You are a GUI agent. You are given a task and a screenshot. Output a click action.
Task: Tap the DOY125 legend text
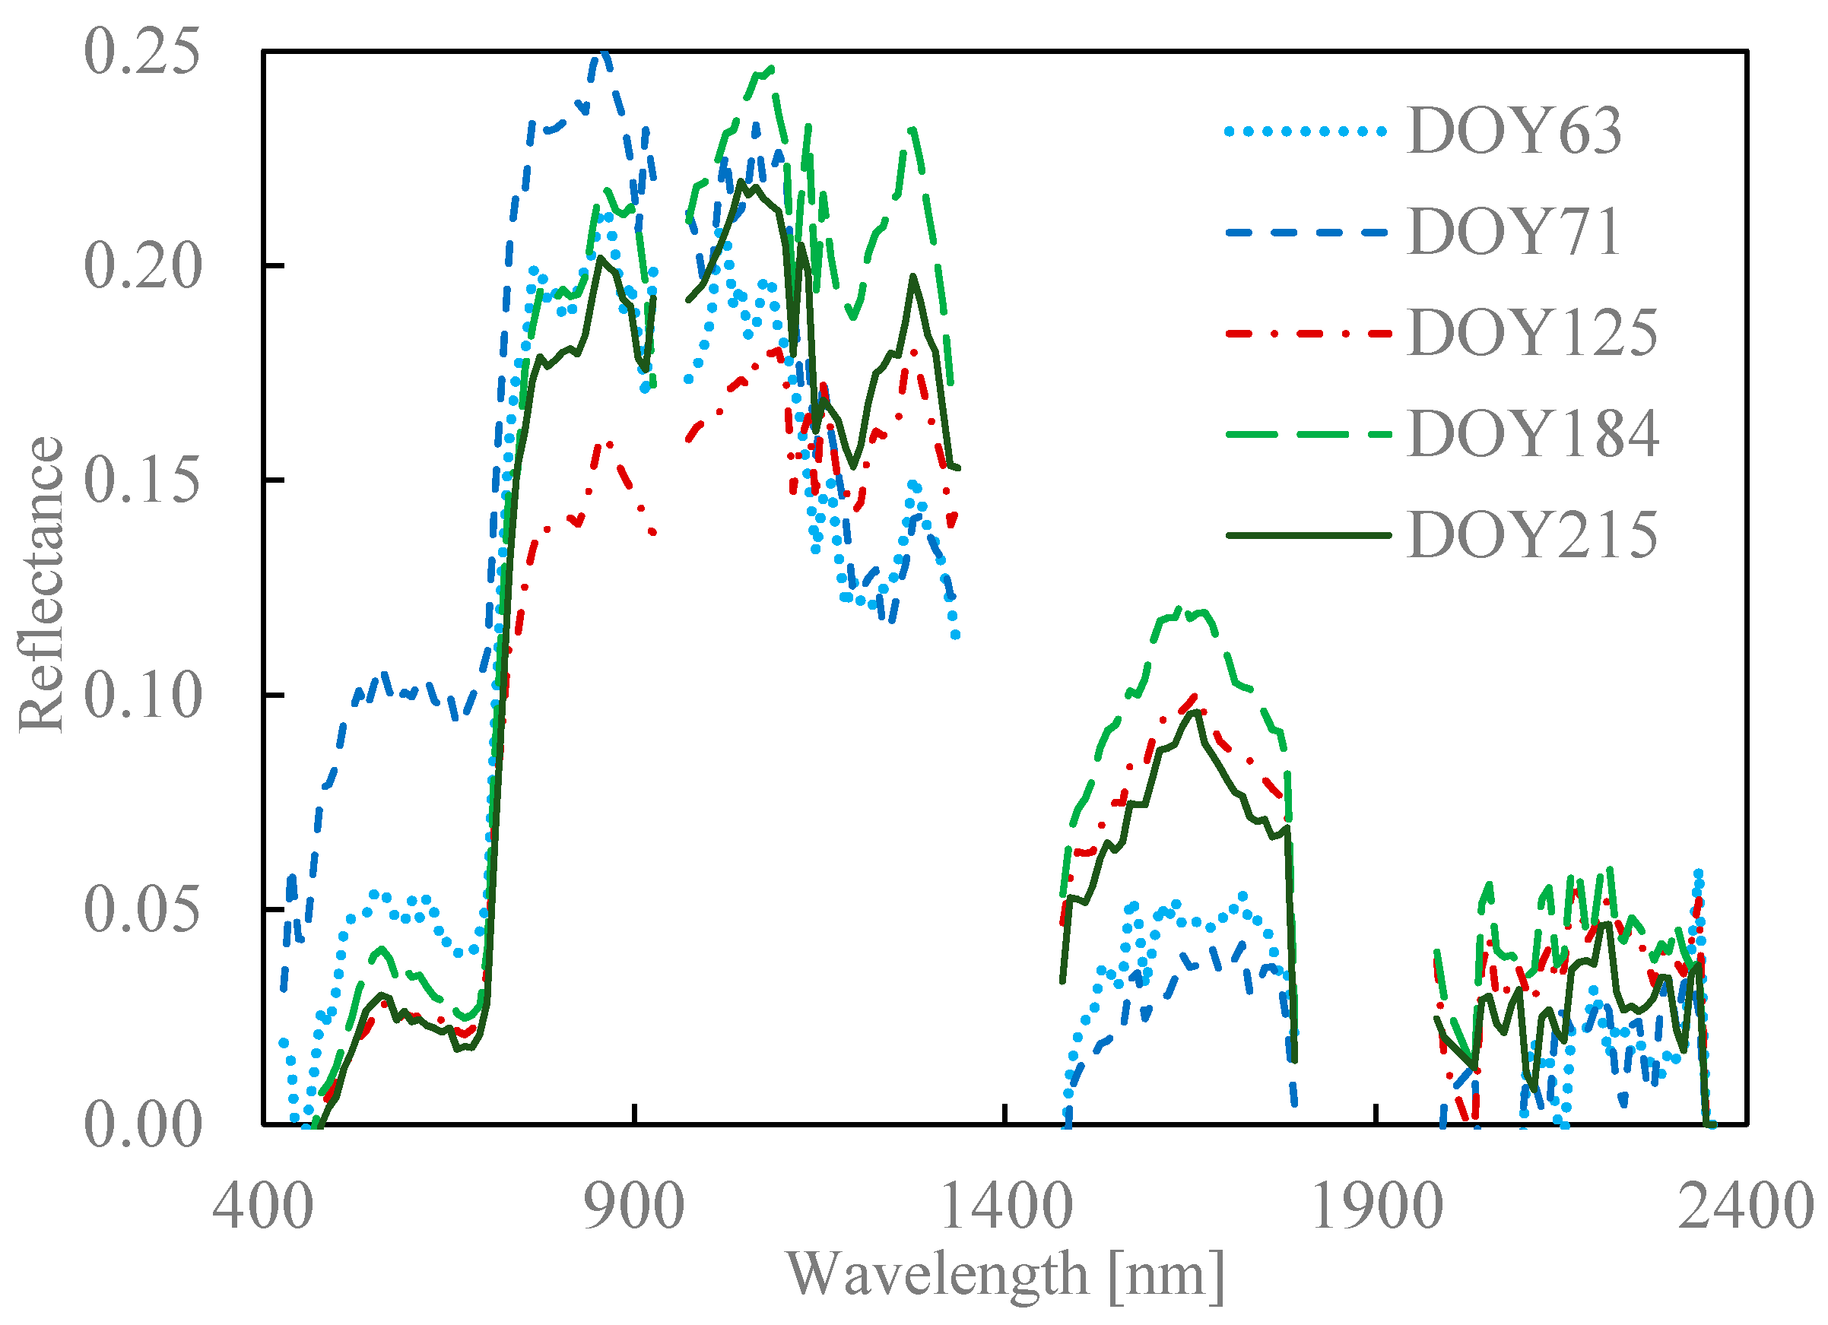(x=1532, y=333)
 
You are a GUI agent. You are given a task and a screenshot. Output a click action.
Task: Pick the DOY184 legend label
(x=1532, y=433)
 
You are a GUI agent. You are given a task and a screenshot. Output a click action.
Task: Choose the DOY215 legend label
(x=1532, y=534)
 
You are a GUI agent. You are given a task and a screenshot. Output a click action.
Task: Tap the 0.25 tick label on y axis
(x=142, y=52)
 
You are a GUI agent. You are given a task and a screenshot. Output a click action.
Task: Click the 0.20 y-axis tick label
(x=142, y=266)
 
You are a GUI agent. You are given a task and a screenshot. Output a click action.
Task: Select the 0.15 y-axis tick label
(x=142, y=480)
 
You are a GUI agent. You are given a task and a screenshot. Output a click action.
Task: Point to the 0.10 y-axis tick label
(x=142, y=695)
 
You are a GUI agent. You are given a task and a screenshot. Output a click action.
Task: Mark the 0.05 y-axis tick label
(x=142, y=909)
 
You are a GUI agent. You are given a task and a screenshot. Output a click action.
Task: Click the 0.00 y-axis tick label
(x=142, y=1124)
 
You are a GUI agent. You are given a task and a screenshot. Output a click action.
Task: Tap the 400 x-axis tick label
(x=263, y=1206)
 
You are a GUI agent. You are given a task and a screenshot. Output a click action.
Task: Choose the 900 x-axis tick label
(x=633, y=1206)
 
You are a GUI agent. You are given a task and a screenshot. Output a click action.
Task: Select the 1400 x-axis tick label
(x=1006, y=1206)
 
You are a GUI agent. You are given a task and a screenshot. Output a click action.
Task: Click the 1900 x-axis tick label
(x=1376, y=1206)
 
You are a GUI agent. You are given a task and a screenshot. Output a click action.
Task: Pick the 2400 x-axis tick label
(x=1746, y=1206)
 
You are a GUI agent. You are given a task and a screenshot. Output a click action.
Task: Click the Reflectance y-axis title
(x=40, y=585)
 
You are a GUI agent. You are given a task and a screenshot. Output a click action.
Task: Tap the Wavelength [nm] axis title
(x=1004, y=1275)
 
